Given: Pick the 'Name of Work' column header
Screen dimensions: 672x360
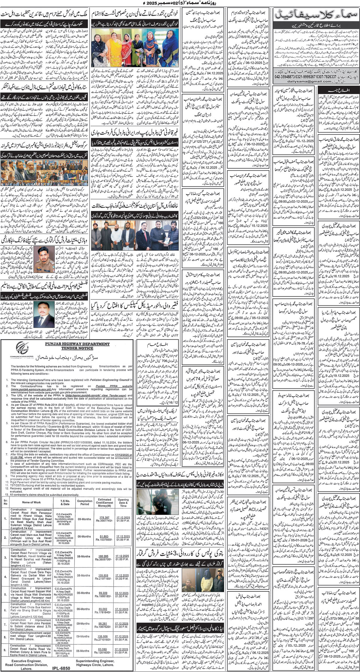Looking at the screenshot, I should [x=31, y=502].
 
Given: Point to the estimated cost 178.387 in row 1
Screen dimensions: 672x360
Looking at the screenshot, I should [x=104, y=518].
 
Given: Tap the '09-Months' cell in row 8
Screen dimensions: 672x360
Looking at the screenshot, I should [x=85, y=636].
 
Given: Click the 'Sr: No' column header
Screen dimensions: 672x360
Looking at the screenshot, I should [x=5, y=502].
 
